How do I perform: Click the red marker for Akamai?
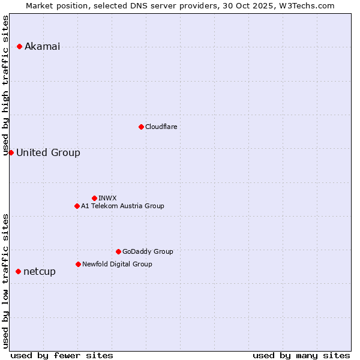[20, 46]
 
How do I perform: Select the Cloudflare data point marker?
[141, 127]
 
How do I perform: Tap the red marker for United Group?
[11, 152]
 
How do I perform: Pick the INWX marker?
[94, 198]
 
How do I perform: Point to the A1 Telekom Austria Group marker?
[77, 206]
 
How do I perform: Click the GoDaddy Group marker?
[118, 251]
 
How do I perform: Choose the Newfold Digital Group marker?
[78, 264]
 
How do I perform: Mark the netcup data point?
[18, 271]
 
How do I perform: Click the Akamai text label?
[42, 47]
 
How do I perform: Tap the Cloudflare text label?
[161, 127]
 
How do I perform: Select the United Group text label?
[48, 153]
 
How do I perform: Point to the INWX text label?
[107, 198]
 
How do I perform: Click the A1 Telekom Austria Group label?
[122, 206]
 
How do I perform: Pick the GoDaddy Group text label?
[148, 251]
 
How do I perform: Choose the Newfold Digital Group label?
[117, 264]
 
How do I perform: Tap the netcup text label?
[40, 272]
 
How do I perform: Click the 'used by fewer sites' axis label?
[62, 355]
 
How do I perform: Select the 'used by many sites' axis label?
[301, 355]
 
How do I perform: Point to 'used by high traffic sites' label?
[6, 85]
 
